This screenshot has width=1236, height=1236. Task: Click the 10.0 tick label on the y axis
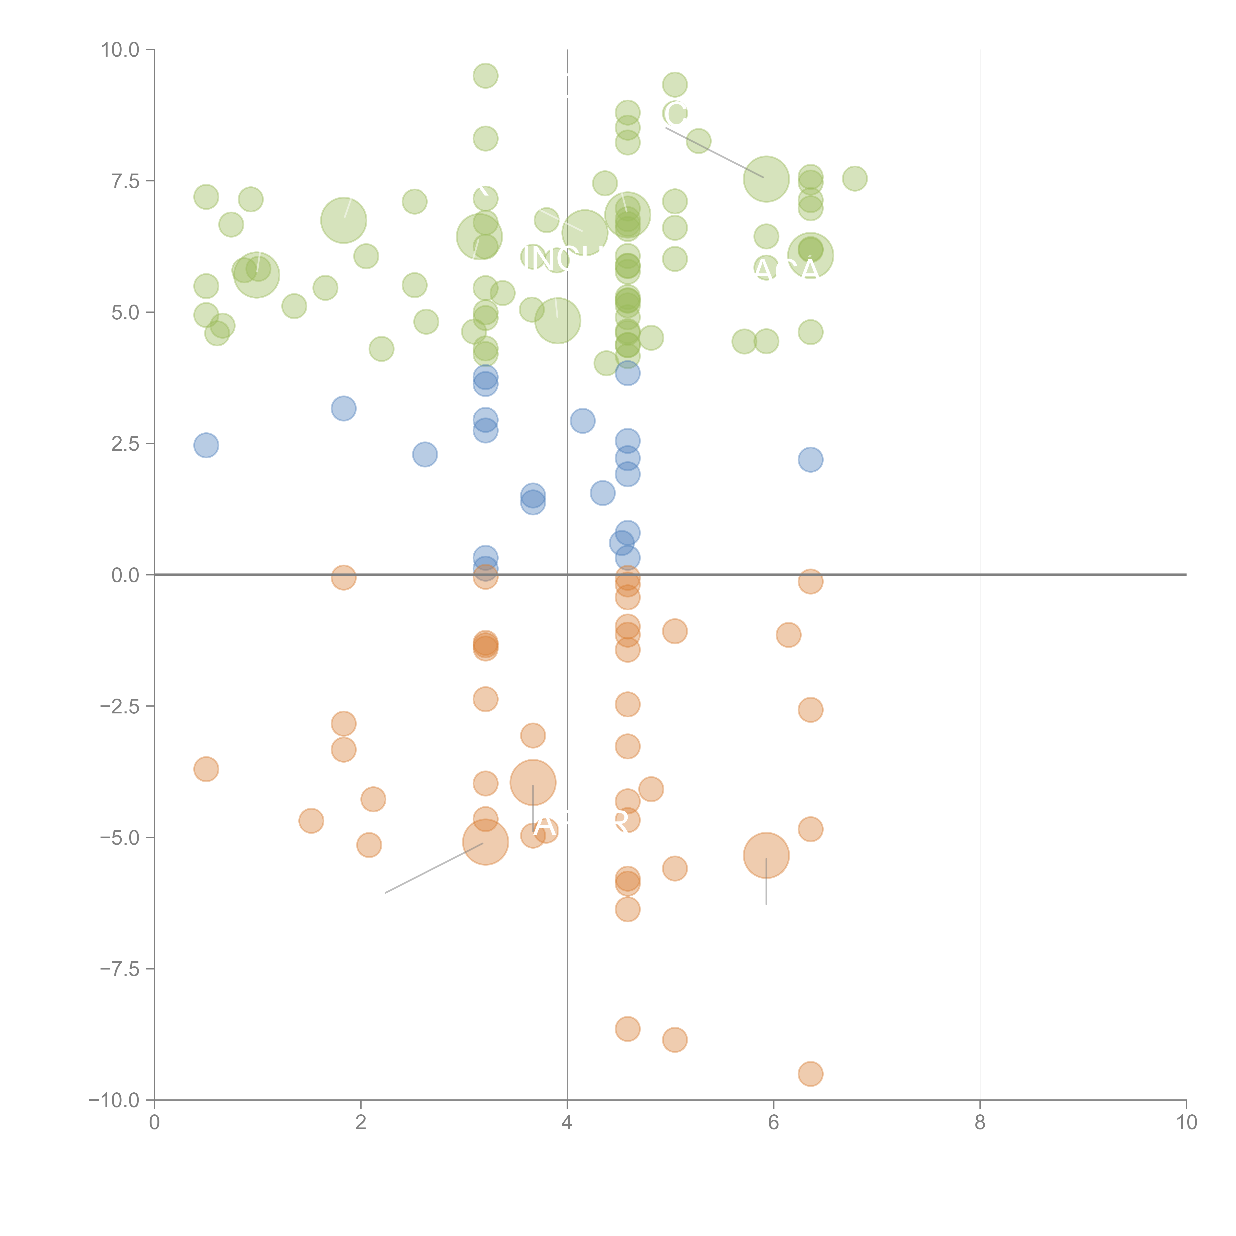coord(120,50)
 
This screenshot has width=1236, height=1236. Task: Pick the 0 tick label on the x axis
coord(154,1123)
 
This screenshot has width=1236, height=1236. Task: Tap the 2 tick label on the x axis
coord(361,1123)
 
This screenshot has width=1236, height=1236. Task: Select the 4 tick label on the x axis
coord(567,1123)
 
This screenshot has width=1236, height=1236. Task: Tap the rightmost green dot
coord(855,178)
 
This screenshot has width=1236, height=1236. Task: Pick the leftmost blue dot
coord(206,445)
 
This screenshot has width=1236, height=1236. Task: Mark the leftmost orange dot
coord(206,769)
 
